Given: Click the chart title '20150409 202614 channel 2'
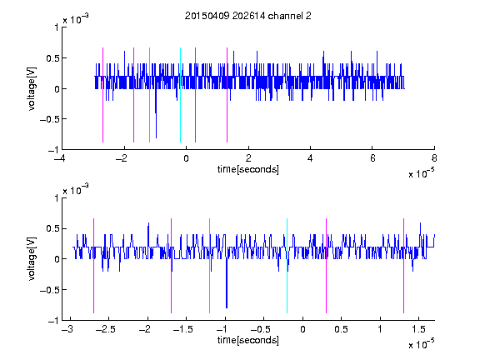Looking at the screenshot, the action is coord(248,16).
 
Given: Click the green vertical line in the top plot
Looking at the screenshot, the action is coord(149,95).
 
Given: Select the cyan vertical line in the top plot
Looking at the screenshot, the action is coord(180,95).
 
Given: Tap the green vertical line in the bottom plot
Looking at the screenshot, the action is coord(209,266).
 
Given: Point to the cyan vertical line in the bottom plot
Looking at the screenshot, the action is coord(287,266).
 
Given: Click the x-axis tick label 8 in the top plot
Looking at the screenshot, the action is coord(434,158).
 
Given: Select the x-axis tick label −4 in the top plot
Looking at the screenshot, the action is coord(60,158).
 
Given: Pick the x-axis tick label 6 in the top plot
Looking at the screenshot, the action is coord(372,158).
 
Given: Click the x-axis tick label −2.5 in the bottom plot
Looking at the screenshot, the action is coord(106,329).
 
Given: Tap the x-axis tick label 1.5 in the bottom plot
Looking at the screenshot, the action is coord(418,329).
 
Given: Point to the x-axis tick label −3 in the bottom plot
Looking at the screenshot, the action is coord(67,329).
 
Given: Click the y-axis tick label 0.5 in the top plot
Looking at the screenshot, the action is coord(52,58).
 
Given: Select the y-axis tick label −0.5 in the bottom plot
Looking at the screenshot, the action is coord(49,290).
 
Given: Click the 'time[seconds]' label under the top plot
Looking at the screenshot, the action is coord(248,169).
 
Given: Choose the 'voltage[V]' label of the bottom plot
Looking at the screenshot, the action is coord(32,259).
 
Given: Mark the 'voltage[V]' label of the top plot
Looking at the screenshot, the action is coord(32,89).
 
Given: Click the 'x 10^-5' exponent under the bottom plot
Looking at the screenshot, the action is coord(421,344).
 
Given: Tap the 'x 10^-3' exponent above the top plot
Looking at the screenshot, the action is coord(76,19).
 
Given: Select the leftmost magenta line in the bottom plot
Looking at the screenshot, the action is coord(93,266).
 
